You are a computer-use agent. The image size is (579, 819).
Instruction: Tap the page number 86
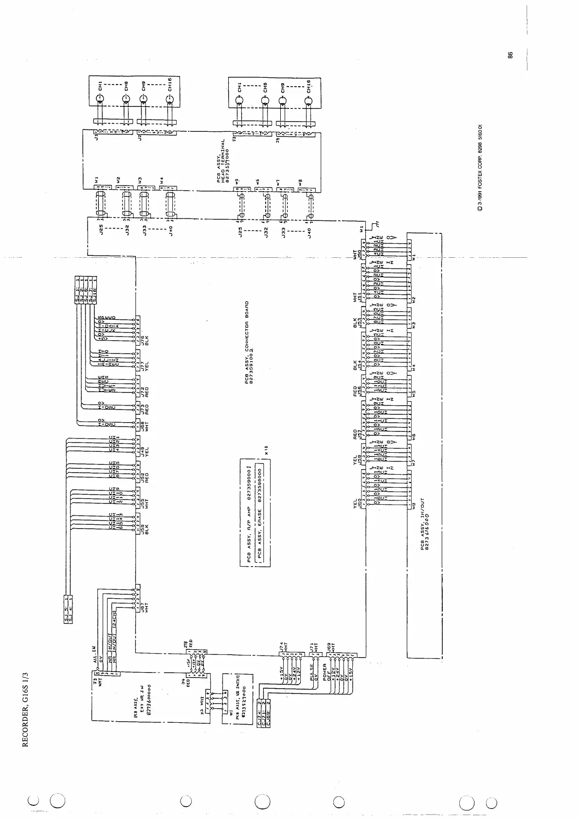510,55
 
